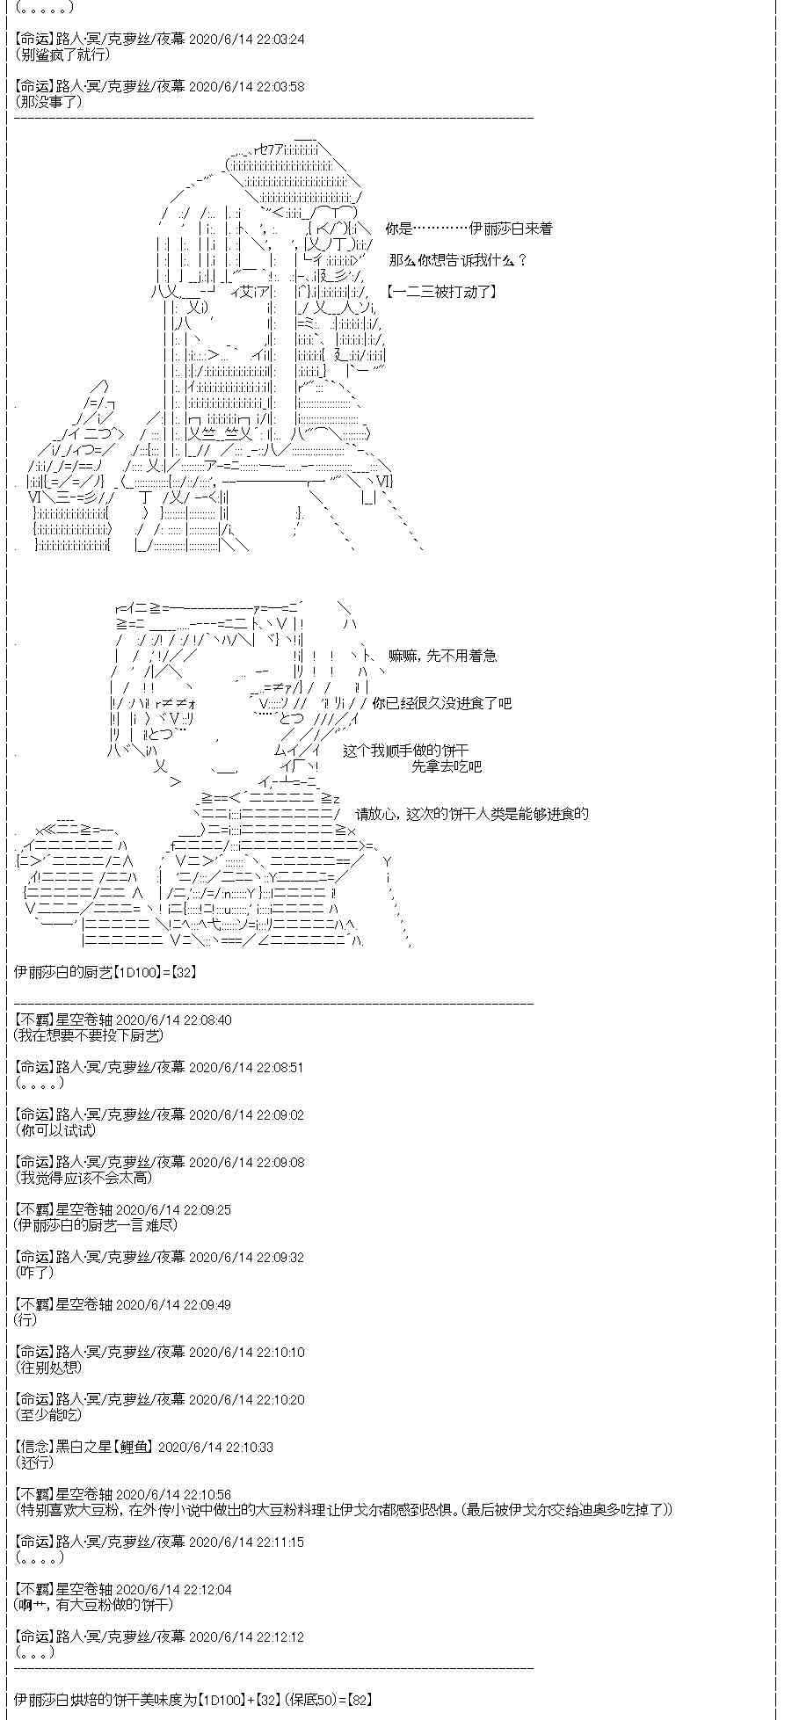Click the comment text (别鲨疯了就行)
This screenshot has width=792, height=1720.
coord(62,54)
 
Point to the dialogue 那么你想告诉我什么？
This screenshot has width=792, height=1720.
coord(457,260)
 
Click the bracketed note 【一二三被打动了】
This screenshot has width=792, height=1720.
coord(440,292)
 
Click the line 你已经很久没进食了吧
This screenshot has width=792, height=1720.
coord(441,703)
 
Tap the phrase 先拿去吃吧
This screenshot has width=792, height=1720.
coord(447,766)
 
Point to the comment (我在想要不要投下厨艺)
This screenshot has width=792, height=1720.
coord(89,1035)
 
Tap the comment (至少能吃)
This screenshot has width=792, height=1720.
coord(48,1415)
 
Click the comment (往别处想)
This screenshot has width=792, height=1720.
coord(48,1368)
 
